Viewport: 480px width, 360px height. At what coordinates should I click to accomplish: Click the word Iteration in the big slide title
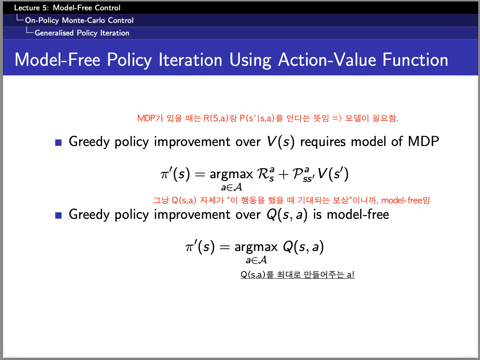pos(190,60)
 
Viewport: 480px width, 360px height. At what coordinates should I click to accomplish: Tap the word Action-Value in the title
pos(327,60)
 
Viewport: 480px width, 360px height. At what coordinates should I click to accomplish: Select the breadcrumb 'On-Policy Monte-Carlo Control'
pos(79,20)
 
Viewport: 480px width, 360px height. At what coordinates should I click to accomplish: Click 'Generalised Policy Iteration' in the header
pos(82,33)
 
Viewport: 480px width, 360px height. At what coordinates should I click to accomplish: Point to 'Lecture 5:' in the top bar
pos(31,8)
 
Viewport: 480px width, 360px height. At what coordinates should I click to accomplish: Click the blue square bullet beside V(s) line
pos(58,143)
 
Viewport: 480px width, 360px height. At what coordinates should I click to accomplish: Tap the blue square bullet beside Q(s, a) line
pos(58,215)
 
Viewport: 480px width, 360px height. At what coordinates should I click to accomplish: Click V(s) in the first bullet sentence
pos(281,142)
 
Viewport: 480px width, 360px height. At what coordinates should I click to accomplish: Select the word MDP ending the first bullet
pos(423,141)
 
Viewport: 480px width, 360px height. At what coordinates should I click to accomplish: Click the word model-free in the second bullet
pos(358,214)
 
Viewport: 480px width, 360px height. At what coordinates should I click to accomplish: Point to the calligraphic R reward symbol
pos(265,174)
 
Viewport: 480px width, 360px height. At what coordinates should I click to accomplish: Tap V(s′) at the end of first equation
pos(333,174)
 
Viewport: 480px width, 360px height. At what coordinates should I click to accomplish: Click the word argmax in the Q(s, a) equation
pos(256,247)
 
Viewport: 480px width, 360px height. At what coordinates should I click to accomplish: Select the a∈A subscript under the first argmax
pos(231,187)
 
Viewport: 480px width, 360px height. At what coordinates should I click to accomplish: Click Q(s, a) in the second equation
pos(303,247)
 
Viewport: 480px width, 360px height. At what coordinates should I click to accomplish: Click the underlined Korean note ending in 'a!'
pos(298,275)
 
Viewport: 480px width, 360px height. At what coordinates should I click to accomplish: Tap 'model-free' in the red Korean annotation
pos(402,200)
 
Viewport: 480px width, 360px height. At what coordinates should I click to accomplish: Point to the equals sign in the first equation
pos(200,175)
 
